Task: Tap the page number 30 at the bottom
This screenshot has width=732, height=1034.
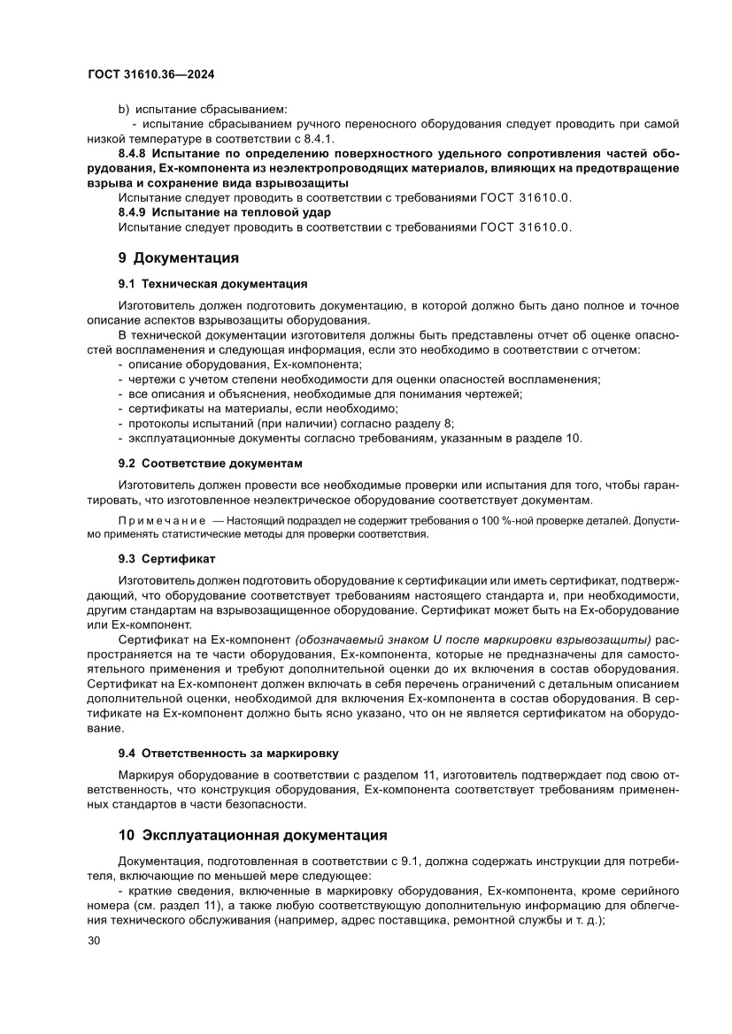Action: (x=96, y=939)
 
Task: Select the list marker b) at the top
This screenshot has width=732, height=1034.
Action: (x=124, y=108)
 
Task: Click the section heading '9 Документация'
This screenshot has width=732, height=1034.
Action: (x=179, y=258)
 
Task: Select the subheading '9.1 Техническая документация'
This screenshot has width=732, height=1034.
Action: (x=212, y=284)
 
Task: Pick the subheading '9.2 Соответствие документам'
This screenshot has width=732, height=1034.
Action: (x=210, y=463)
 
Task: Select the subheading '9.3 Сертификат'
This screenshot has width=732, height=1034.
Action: (x=166, y=559)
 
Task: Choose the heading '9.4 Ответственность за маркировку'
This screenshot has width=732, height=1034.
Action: (x=228, y=753)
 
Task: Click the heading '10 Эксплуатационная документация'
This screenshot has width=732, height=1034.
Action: (x=252, y=834)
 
